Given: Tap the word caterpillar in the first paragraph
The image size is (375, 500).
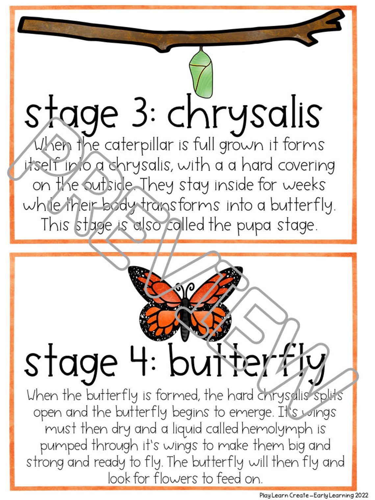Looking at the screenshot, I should point(139,145).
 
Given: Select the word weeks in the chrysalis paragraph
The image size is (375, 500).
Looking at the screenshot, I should point(303,185).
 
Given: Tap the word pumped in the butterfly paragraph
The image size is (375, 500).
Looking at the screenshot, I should point(64,446).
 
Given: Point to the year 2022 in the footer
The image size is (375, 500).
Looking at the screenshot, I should point(361,495).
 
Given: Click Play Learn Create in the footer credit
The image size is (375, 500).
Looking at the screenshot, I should point(284,495).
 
